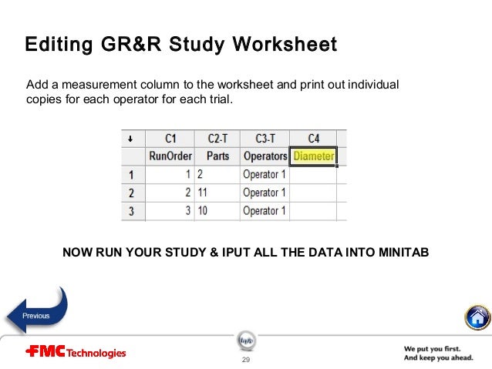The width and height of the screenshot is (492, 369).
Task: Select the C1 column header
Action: click(x=170, y=139)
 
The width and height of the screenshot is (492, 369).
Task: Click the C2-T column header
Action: click(x=217, y=139)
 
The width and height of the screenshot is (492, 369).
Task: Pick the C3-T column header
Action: click(x=264, y=139)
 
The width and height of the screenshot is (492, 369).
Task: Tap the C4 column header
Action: click(x=313, y=139)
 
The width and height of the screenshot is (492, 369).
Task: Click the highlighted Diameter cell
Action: click(x=313, y=156)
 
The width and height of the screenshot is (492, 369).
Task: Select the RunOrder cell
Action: click(x=170, y=156)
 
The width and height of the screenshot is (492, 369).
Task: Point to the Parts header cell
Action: click(x=217, y=156)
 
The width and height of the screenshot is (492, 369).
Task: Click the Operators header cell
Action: click(x=265, y=156)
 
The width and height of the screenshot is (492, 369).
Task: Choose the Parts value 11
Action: click(x=203, y=193)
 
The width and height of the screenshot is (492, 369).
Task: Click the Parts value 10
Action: click(x=203, y=211)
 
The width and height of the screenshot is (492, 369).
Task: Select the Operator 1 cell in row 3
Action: click(x=265, y=211)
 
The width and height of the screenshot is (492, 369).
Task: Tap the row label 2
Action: click(x=132, y=193)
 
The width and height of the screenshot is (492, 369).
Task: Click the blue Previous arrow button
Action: click(x=37, y=314)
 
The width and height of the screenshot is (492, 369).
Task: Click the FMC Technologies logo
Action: click(x=76, y=353)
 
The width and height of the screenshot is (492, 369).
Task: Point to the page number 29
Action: click(x=246, y=360)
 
